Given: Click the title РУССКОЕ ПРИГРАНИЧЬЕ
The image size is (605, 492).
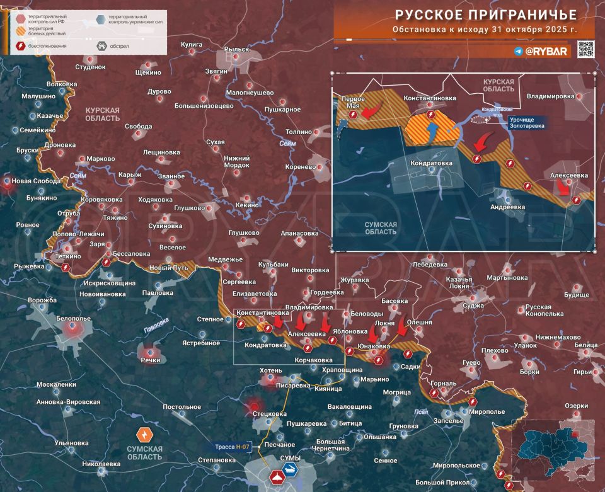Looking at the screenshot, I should pyautogui.click(x=485, y=14).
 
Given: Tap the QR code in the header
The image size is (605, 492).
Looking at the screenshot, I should pyautogui.click(x=585, y=50).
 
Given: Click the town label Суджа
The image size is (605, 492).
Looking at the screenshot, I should pyautogui.click(x=473, y=306).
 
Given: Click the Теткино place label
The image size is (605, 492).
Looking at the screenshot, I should pyautogui.click(x=68, y=256).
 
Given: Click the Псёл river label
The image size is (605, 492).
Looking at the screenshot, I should pyautogui.click(x=422, y=412).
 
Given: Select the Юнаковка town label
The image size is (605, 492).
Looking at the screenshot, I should pyautogui.click(x=373, y=346).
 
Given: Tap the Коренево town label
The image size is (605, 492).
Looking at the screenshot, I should pyautogui.click(x=300, y=167).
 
